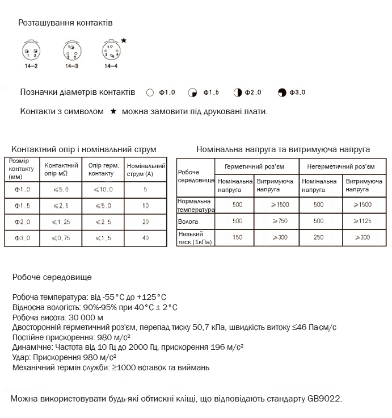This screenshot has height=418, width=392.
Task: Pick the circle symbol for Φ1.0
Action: coord(150,92)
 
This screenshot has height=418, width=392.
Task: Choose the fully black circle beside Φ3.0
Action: coord(282,92)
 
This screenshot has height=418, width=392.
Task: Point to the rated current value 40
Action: coord(146,239)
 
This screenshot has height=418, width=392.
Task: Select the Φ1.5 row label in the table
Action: coord(22,206)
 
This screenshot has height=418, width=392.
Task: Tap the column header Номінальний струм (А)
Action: coord(146,170)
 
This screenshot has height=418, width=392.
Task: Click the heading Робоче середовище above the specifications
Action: coord(52,277)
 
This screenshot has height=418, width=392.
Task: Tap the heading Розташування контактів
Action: coord(66,23)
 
